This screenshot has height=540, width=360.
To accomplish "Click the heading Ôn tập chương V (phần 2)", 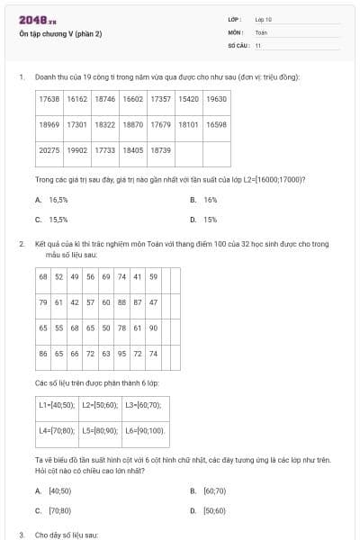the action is tap(60, 34).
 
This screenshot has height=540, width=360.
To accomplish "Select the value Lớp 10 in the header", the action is tap(263, 19).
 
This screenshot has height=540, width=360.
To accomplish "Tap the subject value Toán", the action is tap(261, 31).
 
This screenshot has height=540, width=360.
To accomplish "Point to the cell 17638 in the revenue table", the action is tap(49, 99).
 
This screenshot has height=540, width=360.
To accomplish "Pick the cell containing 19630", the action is tap(216, 99).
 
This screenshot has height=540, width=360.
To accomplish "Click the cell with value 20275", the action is tap(49, 150).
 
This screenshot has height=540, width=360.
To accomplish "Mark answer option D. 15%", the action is tap(204, 219).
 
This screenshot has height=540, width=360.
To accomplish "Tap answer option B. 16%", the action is tap(204, 200).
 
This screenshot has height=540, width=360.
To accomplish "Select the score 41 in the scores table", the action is tap(138, 276).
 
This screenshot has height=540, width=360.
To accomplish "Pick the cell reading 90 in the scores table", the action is tap(153, 328).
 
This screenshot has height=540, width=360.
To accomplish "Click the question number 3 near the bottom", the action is tap(21, 535).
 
